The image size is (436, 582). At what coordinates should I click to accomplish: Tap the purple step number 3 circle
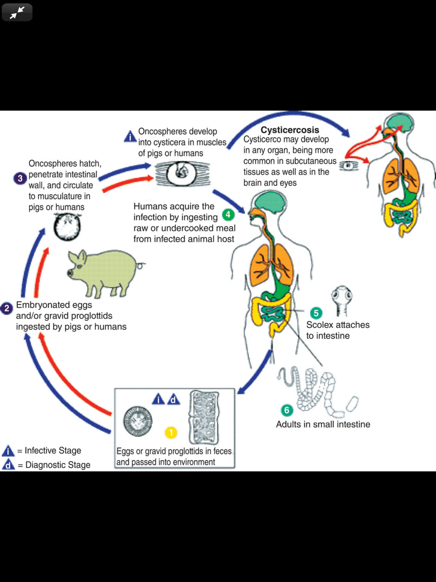point(20,178)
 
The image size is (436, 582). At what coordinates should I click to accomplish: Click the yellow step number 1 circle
point(171,432)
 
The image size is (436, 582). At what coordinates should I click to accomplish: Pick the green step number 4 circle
point(228,215)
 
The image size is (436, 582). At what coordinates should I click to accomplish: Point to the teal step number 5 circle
point(316,313)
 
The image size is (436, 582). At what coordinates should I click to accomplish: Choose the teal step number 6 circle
point(286,410)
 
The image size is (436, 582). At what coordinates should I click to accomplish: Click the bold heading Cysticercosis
point(290,130)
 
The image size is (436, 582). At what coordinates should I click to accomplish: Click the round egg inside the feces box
point(138,421)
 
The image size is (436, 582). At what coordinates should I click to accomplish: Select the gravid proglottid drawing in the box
point(204,418)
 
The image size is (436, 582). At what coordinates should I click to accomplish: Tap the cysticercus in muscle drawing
point(182,173)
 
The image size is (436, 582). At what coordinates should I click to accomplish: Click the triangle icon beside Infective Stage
point(8,451)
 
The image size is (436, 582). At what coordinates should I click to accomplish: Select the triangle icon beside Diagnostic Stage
point(8,465)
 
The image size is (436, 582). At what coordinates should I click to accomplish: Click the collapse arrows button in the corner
point(17,13)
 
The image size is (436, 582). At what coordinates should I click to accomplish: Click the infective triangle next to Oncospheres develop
point(130,137)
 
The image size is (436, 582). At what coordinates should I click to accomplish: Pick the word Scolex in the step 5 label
point(320,325)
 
